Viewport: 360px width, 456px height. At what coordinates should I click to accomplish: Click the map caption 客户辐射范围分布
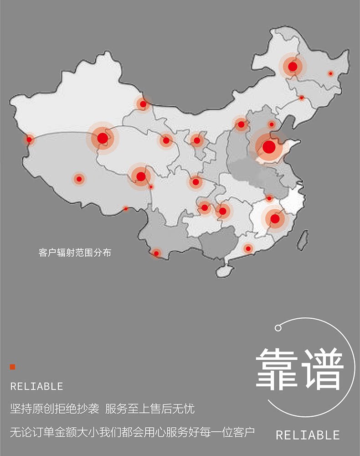(75, 252)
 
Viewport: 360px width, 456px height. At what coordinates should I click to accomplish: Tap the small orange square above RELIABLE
(13, 367)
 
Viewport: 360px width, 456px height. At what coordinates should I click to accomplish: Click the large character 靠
(277, 370)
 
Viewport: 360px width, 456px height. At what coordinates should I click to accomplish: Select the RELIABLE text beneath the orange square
(36, 387)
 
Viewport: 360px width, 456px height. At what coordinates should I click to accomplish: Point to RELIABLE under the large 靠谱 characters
(308, 435)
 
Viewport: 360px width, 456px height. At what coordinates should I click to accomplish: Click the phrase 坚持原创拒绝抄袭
(54, 409)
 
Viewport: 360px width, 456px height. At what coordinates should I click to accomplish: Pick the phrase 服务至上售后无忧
(149, 409)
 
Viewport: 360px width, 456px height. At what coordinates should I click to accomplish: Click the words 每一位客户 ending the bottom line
(230, 431)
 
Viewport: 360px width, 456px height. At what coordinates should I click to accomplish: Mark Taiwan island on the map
(302, 240)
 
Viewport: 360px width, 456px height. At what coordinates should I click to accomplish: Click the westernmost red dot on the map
(30, 139)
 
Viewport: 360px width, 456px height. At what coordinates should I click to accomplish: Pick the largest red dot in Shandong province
(269, 147)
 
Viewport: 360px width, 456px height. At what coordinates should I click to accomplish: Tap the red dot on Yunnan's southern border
(156, 253)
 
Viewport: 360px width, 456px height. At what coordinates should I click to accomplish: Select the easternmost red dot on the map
(331, 73)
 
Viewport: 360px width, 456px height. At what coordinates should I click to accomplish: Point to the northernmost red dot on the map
(293, 67)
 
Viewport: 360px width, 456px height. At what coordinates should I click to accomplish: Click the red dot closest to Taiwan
(275, 219)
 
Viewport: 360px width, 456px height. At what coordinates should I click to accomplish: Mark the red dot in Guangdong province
(248, 249)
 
